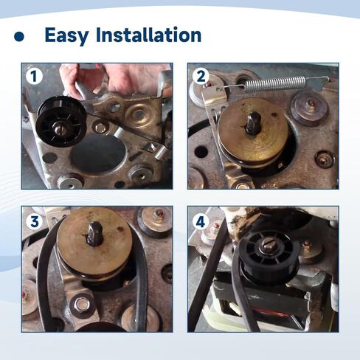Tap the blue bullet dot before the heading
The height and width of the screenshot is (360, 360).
(x=20, y=36)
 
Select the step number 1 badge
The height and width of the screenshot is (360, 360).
(x=32, y=76)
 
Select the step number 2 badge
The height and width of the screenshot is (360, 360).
(x=200, y=76)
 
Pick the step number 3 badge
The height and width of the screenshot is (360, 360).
(x=32, y=221)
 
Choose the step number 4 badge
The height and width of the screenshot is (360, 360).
(x=200, y=221)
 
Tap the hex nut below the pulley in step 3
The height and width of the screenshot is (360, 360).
(x=82, y=302)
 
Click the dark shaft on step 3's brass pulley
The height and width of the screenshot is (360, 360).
(x=94, y=234)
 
